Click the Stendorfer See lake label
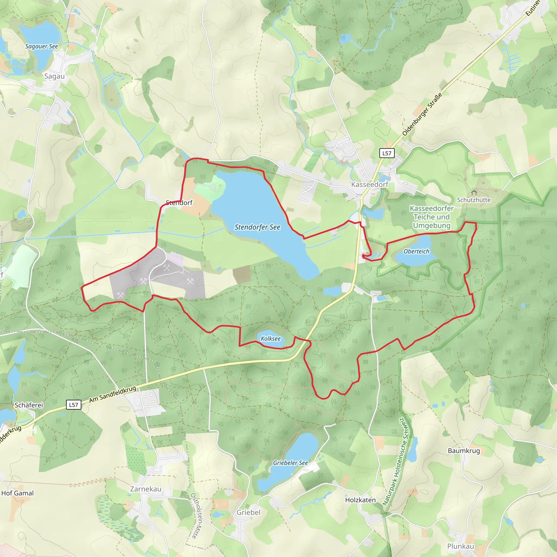coord(257,227)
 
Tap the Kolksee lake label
coord(270,339)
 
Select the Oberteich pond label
coord(416,251)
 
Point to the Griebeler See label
coord(290,463)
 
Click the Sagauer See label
coord(42,47)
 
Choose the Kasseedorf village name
coord(370,184)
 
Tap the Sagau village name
coord(54,76)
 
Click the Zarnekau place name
coord(146,489)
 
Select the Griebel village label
coord(248,512)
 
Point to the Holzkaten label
coord(360,500)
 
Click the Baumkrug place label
coord(464,451)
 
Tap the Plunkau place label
coord(460,546)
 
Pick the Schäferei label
coord(29,405)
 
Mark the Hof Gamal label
coord(17,493)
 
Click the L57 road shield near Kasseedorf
coord(387,153)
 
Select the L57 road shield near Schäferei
coord(73,405)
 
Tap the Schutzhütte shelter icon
coord(474,192)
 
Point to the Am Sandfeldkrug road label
coord(112,394)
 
